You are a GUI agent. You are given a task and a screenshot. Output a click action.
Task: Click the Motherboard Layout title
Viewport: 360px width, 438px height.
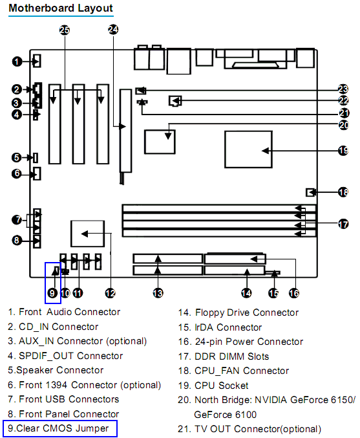pyautogui.click(x=61, y=8)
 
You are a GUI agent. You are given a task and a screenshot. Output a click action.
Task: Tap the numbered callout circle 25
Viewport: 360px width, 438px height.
pyautogui.click(x=65, y=30)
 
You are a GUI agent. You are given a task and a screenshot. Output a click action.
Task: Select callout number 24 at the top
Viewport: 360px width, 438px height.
pyautogui.click(x=113, y=29)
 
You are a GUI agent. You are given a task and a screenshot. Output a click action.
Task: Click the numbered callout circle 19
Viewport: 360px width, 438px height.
pyautogui.click(x=343, y=151)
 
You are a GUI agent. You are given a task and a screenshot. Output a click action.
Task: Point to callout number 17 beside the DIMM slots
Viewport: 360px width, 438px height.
pyautogui.click(x=343, y=224)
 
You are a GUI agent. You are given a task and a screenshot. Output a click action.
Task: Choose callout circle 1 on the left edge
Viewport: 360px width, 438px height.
pyautogui.click(x=17, y=61)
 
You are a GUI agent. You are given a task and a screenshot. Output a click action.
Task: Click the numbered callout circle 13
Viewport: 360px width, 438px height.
pyautogui.click(x=158, y=293)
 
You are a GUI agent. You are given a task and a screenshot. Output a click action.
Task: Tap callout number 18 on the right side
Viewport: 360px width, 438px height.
pyautogui.click(x=343, y=192)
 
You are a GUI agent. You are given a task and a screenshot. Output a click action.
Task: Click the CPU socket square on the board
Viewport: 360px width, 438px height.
pyautogui.click(x=248, y=149)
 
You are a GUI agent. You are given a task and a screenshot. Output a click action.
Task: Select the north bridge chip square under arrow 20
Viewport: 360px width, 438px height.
pyautogui.click(x=160, y=142)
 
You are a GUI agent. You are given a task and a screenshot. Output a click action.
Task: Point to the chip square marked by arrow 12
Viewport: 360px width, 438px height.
pyautogui.click(x=88, y=234)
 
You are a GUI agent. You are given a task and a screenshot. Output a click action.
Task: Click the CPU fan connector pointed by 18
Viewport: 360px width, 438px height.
pyautogui.click(x=310, y=192)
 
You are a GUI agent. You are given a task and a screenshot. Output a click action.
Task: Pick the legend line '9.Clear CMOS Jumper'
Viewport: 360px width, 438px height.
pyautogui.click(x=58, y=428)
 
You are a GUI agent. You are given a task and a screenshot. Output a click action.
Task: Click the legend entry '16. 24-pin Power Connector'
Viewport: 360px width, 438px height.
pyautogui.click(x=240, y=342)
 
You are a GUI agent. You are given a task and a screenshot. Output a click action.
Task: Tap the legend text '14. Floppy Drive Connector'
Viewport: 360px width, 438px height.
pyautogui.click(x=238, y=312)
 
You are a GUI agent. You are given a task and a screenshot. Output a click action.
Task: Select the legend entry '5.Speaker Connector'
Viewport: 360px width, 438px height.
pyautogui.click(x=56, y=370)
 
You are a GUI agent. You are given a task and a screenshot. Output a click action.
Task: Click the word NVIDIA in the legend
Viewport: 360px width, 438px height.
pyautogui.click(x=271, y=400)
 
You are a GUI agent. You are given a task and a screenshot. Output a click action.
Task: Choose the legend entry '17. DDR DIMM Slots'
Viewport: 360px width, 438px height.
pyautogui.click(x=224, y=356)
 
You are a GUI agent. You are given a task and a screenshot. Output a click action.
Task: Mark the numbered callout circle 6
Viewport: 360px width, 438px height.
pyautogui.click(x=17, y=173)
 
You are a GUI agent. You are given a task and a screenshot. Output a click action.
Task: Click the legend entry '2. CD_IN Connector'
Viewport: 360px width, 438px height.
pyautogui.click(x=53, y=327)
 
